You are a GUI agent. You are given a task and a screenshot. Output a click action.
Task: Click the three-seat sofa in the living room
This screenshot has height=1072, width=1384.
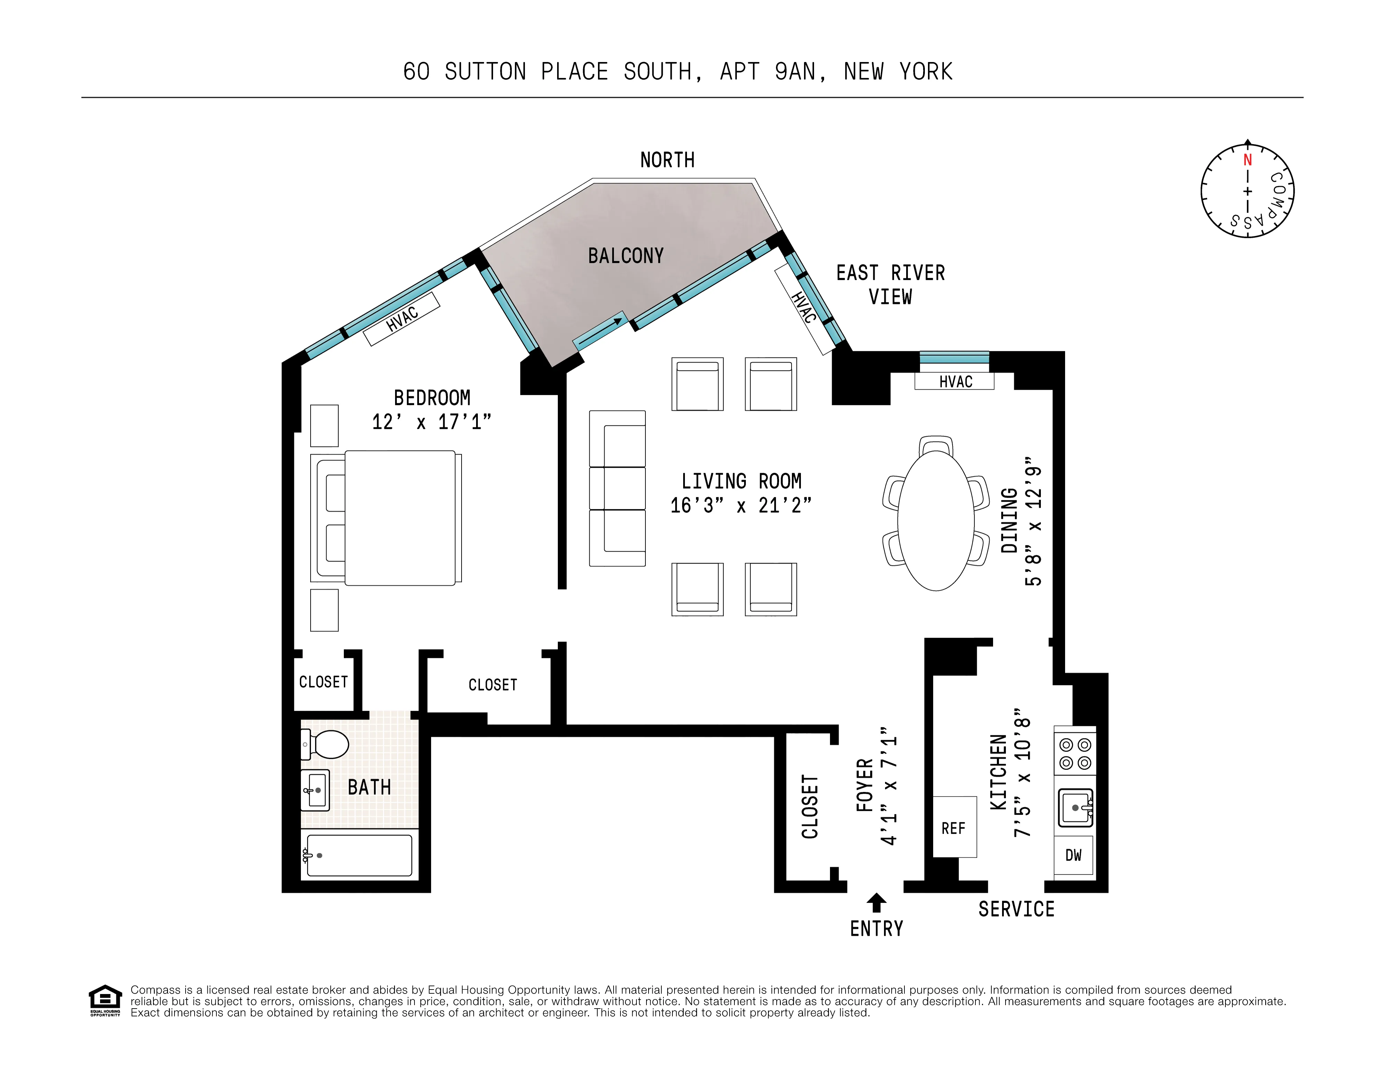point(617,488)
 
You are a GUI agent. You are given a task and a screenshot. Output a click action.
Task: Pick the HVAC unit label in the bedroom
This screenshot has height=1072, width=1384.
point(402,318)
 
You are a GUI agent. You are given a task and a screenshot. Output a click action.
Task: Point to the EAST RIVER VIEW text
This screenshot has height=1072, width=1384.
point(890,285)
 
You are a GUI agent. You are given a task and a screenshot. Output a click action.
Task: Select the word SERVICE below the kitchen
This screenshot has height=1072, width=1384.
point(1016,909)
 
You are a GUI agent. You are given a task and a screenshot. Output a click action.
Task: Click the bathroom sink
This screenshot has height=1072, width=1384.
point(315,790)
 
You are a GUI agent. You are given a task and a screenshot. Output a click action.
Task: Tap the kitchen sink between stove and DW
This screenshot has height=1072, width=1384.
point(1075,807)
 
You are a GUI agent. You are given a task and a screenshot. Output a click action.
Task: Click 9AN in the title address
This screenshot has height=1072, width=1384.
point(795,72)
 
